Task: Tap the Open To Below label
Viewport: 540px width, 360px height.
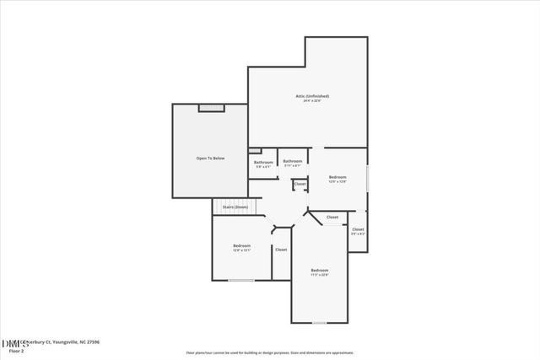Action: [x=210, y=158]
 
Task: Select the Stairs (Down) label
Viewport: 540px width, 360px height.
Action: [x=235, y=207]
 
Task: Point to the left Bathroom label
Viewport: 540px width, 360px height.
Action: [x=263, y=162]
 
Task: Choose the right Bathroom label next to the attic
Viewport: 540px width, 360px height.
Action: [x=292, y=161]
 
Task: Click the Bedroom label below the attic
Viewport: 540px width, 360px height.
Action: [x=337, y=177]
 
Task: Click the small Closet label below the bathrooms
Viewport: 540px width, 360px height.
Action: [x=300, y=184]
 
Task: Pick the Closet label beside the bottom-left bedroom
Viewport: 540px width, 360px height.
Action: [x=281, y=250]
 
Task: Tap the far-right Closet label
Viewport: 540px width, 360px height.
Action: [x=358, y=229]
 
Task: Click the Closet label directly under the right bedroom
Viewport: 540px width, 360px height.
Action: [x=332, y=217]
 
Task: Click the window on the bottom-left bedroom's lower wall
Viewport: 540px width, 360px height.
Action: [x=241, y=280]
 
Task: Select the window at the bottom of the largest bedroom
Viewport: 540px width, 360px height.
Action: [x=319, y=323]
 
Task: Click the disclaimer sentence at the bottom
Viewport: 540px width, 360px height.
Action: [x=270, y=352]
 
